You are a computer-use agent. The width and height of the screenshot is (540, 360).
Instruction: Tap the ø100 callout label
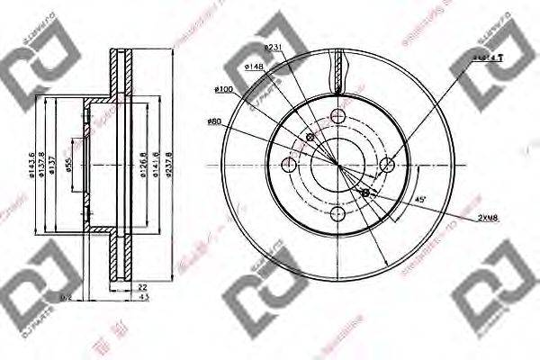click(224, 88)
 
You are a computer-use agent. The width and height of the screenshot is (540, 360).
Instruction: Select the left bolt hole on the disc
click(288, 164)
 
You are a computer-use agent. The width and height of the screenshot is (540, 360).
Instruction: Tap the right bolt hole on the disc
click(387, 164)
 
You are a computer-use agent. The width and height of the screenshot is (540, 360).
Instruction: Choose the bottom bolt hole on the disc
click(337, 214)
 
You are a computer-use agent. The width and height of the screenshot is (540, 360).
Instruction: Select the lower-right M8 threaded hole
click(364, 193)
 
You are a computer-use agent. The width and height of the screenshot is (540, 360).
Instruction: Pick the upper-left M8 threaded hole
click(310, 138)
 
